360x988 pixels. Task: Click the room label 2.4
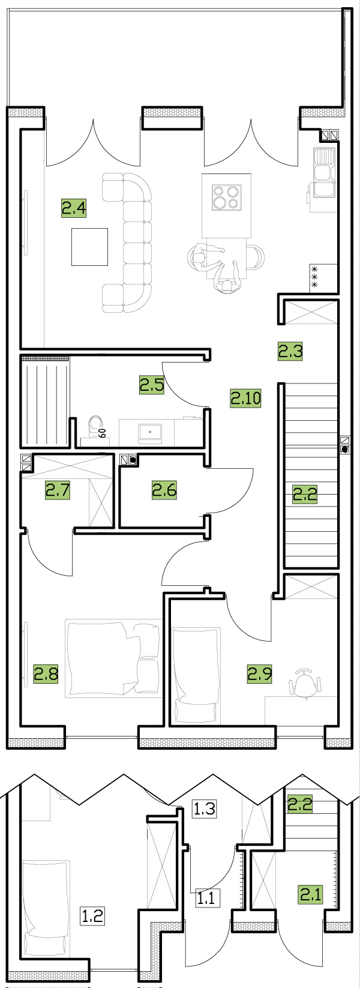click(74, 208)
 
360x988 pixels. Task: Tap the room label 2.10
click(246, 399)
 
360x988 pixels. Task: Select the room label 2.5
click(152, 384)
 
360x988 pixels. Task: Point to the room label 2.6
click(164, 490)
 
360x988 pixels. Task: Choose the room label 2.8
click(46, 674)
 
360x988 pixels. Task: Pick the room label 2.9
click(259, 674)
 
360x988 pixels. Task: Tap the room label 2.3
click(290, 352)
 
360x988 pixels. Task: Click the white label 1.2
click(92, 916)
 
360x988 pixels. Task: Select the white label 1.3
click(205, 809)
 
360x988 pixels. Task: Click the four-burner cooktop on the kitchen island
click(227, 197)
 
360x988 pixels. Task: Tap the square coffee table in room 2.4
click(90, 247)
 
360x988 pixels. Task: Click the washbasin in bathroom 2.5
click(150, 434)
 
